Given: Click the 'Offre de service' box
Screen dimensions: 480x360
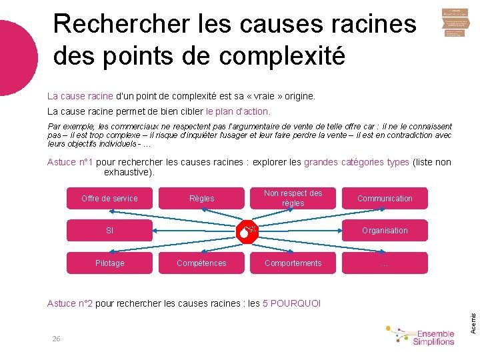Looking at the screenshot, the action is coord(109,198).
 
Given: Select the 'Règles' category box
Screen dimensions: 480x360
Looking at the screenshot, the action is coord(201,198).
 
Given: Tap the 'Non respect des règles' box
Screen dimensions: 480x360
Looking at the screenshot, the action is coord(293,198).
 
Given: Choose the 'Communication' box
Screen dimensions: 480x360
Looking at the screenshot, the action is coord(385,198).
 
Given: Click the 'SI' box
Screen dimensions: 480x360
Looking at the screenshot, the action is coord(109,231).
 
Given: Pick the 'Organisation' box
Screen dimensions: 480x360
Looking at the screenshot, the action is coord(385,231).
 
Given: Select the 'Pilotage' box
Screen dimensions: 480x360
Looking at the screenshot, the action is coord(109,263).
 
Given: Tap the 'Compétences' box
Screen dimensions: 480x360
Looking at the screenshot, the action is coord(201,263).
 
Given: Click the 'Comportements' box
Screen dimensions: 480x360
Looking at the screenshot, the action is coord(293,263).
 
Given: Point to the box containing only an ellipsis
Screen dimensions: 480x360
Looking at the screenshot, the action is coord(385,263).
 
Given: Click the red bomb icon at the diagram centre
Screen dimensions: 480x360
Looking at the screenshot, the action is coord(249,231).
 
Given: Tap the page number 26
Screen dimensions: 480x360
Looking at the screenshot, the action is coord(57,339).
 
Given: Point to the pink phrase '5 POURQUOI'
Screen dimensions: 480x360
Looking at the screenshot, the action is coord(292,303).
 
